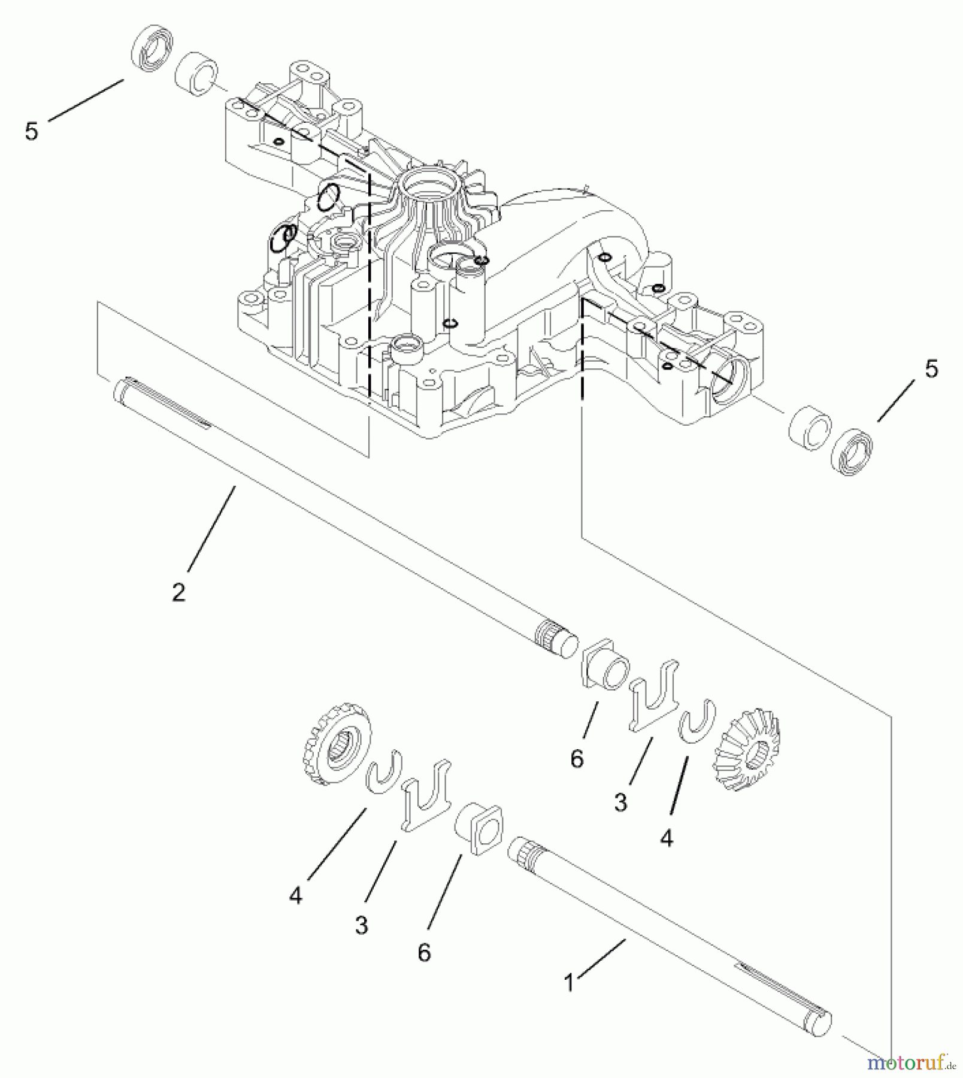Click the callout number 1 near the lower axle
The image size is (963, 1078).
click(x=570, y=982)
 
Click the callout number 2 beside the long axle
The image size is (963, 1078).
click(x=178, y=592)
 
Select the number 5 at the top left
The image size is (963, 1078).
click(x=32, y=131)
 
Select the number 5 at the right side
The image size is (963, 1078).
click(x=931, y=370)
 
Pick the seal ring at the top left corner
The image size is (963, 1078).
click(x=152, y=47)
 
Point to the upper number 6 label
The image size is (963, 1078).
click(x=576, y=759)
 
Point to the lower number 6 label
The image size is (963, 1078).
click(x=424, y=952)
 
